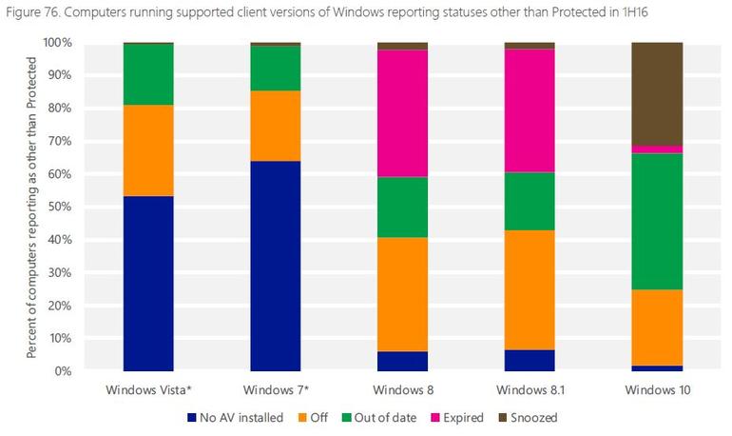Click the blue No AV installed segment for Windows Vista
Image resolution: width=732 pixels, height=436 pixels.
tap(148, 283)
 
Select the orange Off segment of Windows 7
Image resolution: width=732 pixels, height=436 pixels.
tap(276, 126)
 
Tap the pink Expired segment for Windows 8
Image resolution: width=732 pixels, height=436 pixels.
tap(402, 113)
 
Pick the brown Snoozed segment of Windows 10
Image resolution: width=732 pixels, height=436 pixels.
tap(657, 94)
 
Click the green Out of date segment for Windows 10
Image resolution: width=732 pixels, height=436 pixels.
tap(657, 222)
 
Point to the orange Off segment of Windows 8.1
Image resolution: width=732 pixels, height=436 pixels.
tap(530, 289)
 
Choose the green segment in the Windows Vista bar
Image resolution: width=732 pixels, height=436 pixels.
tap(148, 74)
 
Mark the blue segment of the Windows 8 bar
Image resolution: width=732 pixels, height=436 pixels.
tap(402, 361)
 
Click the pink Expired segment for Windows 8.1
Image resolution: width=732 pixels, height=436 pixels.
tap(530, 110)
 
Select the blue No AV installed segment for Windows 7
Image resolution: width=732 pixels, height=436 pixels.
tap(276, 266)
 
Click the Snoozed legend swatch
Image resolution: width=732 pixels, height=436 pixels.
tap(503, 418)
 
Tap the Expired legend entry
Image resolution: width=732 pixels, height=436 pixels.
tap(457, 418)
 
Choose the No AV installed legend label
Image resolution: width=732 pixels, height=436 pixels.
tap(241, 418)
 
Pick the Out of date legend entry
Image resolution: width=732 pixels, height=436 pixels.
tap(378, 418)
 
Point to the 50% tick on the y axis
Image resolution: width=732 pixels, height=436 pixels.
tap(60, 207)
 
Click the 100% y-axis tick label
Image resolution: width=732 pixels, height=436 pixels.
tap(57, 43)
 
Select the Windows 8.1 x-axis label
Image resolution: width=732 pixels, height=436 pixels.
tap(530, 389)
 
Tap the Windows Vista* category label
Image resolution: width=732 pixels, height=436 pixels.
tap(148, 389)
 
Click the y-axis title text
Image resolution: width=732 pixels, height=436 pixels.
tap(31, 208)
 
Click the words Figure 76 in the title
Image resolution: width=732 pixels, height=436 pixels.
tap(32, 12)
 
